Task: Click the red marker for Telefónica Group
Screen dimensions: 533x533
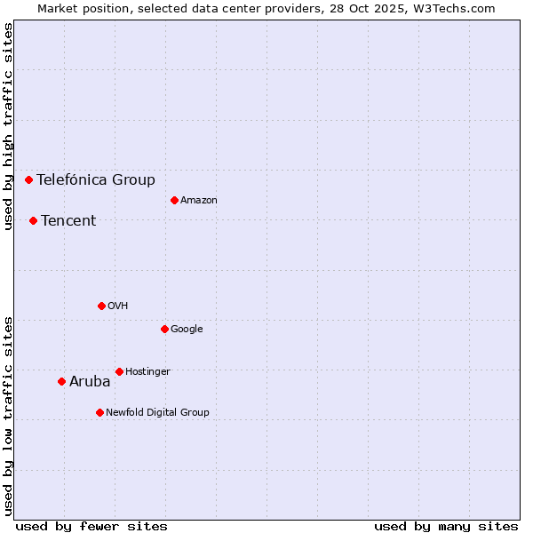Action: click(x=28, y=179)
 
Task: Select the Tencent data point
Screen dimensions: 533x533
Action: click(x=33, y=220)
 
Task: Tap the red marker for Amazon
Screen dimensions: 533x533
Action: click(x=174, y=200)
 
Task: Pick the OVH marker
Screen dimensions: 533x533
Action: click(x=101, y=306)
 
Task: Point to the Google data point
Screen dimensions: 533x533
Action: click(x=164, y=329)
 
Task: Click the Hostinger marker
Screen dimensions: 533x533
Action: click(x=119, y=371)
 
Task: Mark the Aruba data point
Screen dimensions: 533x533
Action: click(x=61, y=382)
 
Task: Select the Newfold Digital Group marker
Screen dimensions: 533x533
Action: click(x=99, y=412)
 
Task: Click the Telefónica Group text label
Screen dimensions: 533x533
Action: click(x=96, y=180)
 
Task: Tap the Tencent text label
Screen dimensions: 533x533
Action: click(x=68, y=221)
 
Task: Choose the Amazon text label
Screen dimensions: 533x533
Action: click(x=199, y=201)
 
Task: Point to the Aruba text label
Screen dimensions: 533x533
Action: click(x=90, y=382)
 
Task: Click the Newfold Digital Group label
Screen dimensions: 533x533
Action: click(x=157, y=412)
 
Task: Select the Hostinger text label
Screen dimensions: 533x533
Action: click(x=147, y=371)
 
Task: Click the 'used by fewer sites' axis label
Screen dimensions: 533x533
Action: click(x=91, y=526)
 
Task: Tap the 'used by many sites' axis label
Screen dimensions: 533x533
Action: click(x=446, y=526)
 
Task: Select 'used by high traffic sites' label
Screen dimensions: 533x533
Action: click(x=8, y=126)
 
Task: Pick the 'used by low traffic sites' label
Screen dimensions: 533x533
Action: click(x=8, y=416)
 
